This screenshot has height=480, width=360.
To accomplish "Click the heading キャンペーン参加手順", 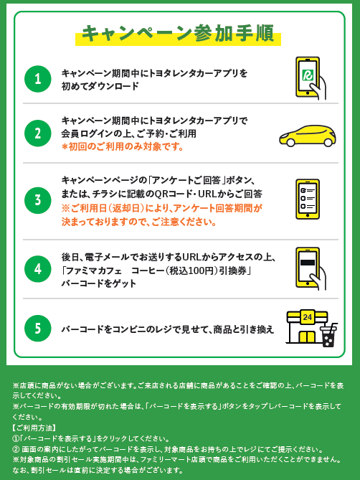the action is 178,34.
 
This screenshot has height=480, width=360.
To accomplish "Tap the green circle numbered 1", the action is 37,79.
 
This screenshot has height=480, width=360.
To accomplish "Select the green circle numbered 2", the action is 37,133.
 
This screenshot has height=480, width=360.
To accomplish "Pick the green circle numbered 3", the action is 37,200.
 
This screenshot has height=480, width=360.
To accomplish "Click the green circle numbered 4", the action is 37,269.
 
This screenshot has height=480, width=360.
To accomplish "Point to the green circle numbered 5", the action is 37,328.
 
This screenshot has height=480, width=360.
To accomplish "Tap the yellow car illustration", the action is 308,136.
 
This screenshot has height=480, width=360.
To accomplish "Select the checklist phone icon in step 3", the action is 308,199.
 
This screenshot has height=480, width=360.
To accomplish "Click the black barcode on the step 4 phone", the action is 308,263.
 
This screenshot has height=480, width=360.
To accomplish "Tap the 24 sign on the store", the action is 307,317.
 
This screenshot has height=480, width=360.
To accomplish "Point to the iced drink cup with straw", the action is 328,335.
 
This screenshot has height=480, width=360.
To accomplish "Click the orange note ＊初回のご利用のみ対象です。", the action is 123,146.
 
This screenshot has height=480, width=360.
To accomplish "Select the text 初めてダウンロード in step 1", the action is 100,86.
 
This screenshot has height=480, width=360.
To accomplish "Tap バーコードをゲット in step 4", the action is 99,283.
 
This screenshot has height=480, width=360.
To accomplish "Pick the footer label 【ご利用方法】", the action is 34,428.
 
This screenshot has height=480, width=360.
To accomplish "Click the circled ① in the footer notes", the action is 16,438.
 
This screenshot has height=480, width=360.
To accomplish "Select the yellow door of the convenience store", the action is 307,337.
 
